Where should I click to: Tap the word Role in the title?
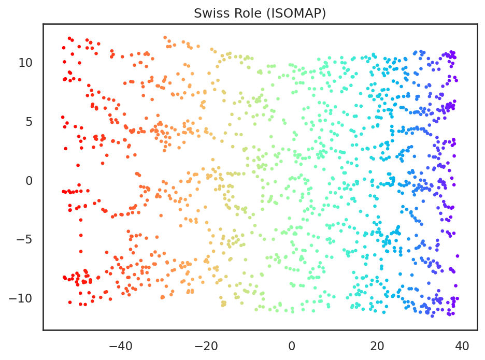pos(241,13)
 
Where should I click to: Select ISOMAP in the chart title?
pos(294,13)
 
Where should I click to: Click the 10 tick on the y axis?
pos(25,63)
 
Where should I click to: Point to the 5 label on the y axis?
pos(29,122)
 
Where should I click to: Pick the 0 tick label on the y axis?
pos(29,180)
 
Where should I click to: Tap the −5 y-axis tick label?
pos(24,239)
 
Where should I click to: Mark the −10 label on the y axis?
pos(20,298)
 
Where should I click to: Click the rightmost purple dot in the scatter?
pos(457,256)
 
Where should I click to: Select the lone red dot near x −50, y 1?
pos(78,165)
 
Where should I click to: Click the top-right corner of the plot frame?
pos(477,24)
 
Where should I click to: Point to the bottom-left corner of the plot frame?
pos(43,329)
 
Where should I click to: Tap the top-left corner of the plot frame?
pos(43,24)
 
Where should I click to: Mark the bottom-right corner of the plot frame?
pos(477,329)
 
